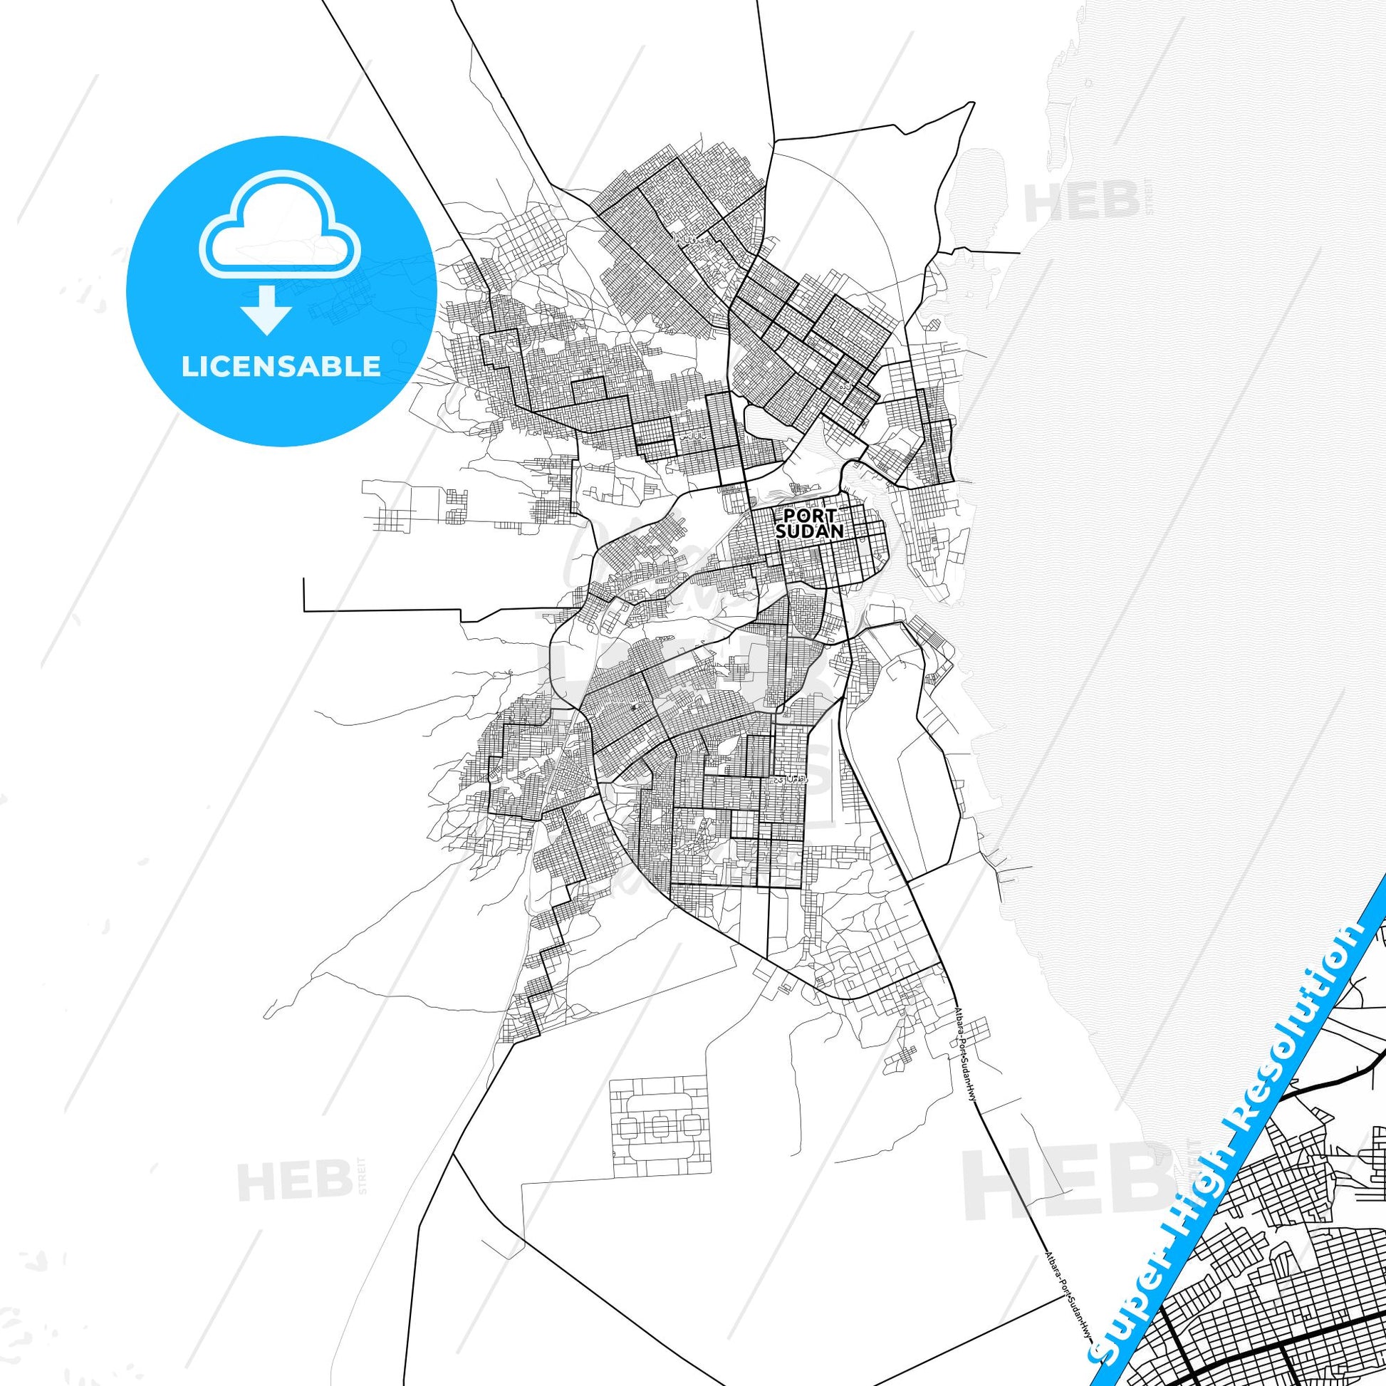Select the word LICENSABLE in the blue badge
click(281, 366)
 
